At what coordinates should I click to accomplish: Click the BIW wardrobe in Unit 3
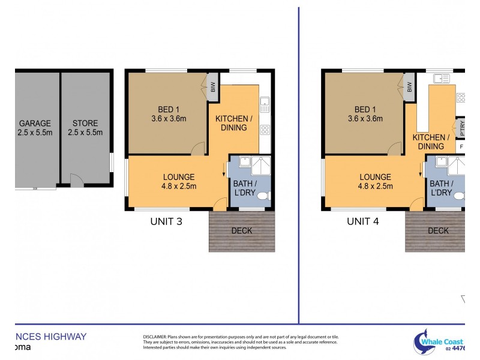(213, 88)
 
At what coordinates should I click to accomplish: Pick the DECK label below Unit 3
(241, 230)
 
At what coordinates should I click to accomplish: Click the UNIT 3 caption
(166, 221)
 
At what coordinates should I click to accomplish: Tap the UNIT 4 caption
(363, 221)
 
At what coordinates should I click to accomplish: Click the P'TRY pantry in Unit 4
(461, 127)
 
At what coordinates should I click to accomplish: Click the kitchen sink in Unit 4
(444, 77)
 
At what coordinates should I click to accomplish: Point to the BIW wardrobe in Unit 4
(410, 88)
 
